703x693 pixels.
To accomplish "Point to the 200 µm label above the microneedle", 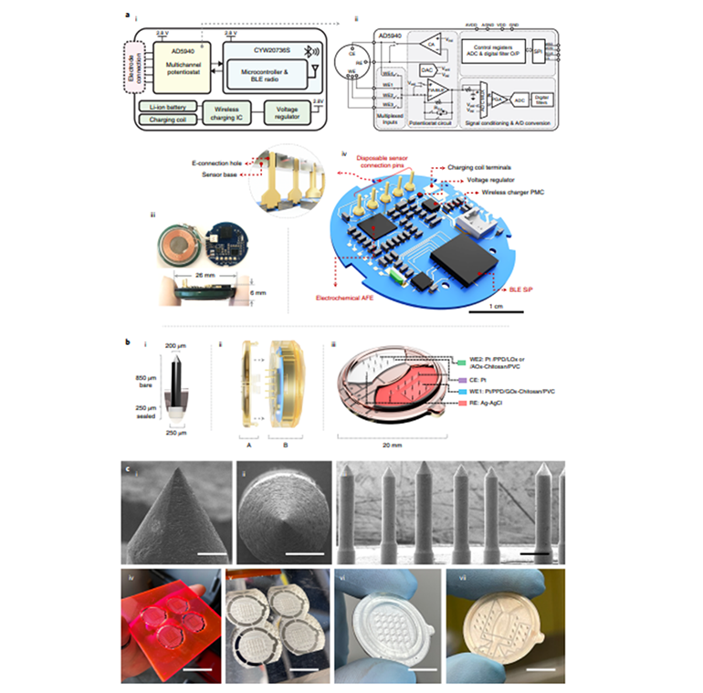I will [179, 346].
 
